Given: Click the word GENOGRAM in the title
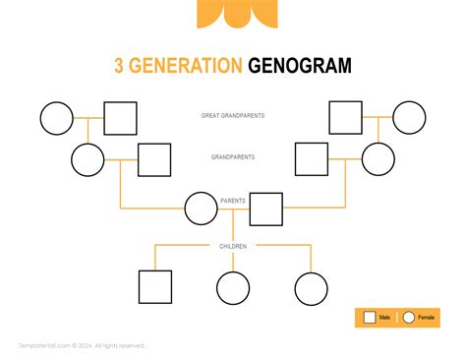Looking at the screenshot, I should click(299, 66).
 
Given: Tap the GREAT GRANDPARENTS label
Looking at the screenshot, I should click(233, 116).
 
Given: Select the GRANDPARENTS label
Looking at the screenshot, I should click(233, 157).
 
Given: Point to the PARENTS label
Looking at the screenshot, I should click(233, 201).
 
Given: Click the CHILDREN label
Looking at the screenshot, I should click(233, 246).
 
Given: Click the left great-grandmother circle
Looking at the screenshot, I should click(56, 118).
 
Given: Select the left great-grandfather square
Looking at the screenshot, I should click(120, 118).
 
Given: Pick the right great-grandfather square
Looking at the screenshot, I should click(345, 117).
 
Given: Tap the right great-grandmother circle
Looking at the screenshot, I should click(409, 117).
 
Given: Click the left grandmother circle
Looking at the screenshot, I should click(87, 159).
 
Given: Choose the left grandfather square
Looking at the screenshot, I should click(153, 159).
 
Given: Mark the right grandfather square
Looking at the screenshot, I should click(312, 159).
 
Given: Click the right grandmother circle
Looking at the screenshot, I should click(378, 159).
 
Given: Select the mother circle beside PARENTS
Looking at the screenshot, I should click(201, 209).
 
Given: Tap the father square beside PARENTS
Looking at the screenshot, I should click(265, 209).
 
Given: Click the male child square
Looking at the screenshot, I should click(154, 288).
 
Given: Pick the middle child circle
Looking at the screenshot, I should click(233, 288).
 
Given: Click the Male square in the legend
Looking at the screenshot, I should click(370, 318).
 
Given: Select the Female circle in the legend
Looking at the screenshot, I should click(408, 318).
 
